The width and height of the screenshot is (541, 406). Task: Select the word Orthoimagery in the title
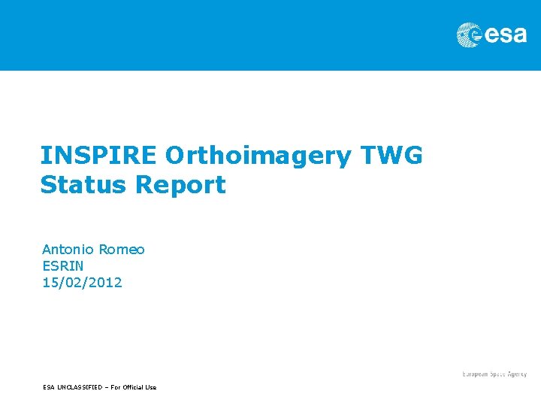click(258, 156)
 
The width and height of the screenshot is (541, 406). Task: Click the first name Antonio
click(67, 249)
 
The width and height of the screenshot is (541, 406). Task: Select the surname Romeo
click(122, 249)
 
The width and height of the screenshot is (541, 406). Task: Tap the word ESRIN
click(62, 265)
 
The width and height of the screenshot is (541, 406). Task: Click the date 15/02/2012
click(82, 283)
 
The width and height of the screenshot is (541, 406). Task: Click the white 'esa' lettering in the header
click(506, 35)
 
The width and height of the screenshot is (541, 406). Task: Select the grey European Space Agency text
click(494, 374)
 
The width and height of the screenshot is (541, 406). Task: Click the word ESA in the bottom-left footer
click(49, 387)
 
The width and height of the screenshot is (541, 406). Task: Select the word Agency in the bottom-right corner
click(516, 374)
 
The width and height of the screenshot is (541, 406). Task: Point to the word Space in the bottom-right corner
click(496, 374)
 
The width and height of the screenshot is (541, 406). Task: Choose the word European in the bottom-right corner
click(475, 374)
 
